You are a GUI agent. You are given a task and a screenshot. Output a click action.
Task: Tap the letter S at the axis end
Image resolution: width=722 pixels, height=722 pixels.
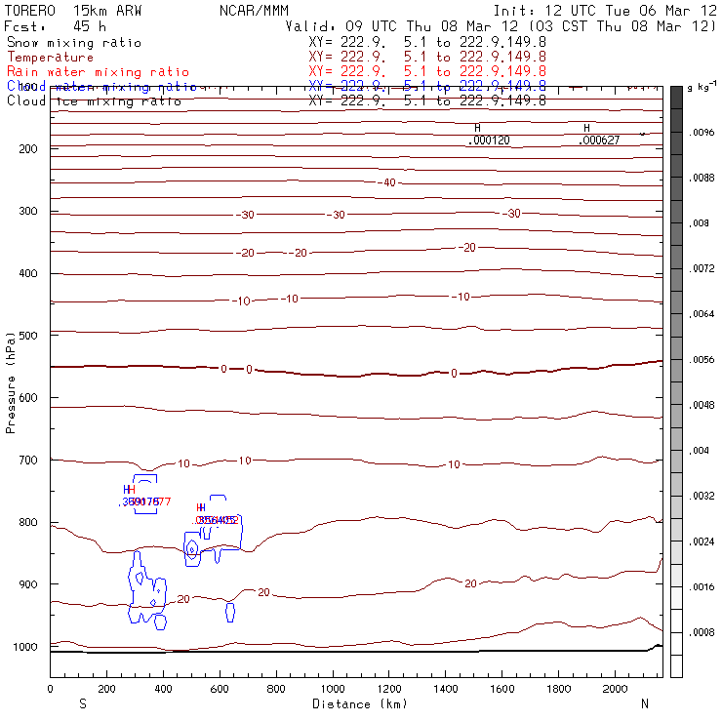[82, 703]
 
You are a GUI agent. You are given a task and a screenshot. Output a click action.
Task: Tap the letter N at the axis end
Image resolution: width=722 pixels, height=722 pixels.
[644, 703]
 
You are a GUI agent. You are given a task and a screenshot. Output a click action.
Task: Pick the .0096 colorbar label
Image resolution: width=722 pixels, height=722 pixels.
[702, 133]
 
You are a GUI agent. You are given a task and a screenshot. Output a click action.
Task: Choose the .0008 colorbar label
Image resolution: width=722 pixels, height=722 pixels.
[702, 632]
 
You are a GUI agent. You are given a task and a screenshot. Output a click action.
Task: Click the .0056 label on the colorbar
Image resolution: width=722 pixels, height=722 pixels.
[702, 360]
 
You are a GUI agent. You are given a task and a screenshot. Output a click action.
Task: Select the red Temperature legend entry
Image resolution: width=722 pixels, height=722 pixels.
[50, 58]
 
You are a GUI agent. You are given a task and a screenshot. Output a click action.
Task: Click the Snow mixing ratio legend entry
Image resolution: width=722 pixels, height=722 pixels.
[74, 43]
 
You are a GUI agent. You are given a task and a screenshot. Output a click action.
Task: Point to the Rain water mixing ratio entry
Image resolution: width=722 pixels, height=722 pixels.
[99, 72]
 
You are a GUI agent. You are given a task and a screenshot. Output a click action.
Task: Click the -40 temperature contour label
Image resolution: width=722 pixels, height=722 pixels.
[388, 183]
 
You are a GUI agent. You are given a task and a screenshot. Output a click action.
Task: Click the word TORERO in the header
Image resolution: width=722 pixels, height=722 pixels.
[29, 9]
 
